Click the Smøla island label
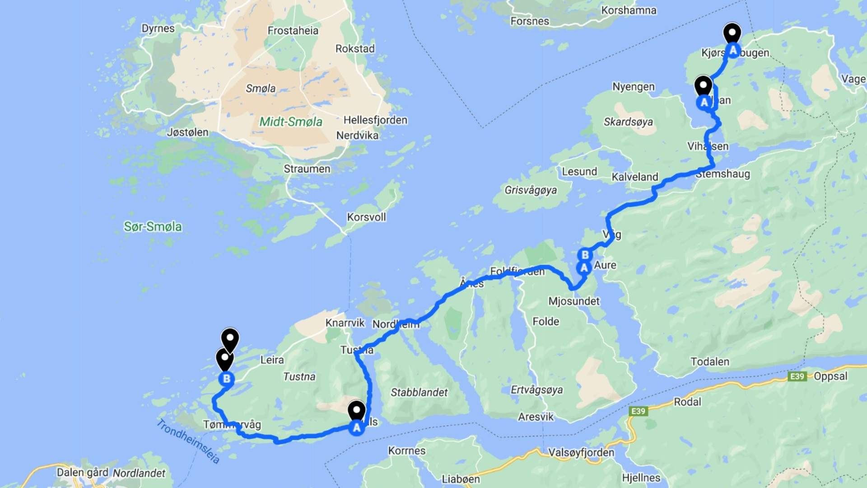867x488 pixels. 261,89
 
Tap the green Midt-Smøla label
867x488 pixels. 290,122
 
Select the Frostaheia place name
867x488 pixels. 293,31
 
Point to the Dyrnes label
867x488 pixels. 158,28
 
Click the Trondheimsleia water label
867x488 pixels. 188,441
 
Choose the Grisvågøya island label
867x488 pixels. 530,190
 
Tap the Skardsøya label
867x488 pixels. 628,122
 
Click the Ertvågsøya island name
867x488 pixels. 536,390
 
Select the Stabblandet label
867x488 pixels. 419,393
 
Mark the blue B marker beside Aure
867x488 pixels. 585,255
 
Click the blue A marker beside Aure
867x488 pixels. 584,268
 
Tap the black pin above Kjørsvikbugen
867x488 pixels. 732,33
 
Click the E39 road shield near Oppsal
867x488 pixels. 797,376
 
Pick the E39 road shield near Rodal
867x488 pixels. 638,411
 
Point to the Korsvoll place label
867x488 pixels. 366,217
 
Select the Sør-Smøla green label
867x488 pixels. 153,227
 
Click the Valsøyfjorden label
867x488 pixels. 581,453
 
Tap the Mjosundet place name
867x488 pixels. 573,301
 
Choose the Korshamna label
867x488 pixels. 629,10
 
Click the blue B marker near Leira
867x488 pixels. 226,379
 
